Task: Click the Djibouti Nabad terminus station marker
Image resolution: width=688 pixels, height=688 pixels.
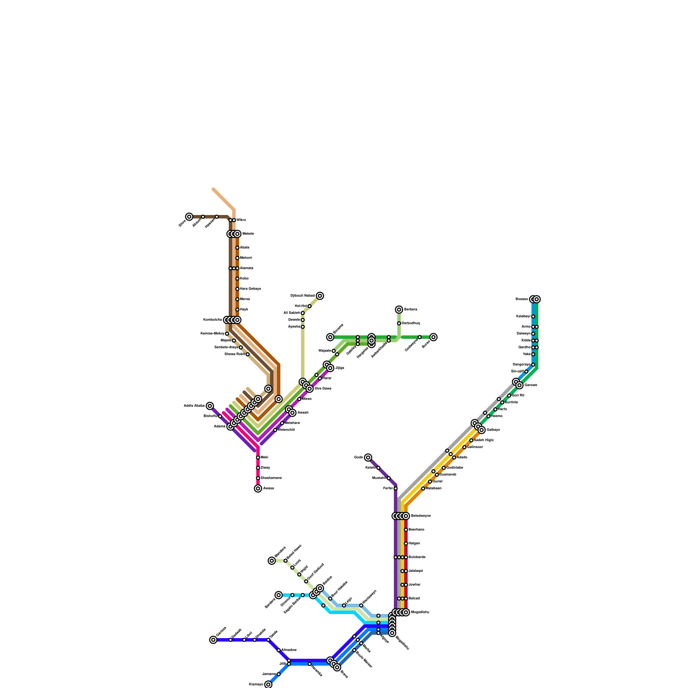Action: tap(320, 296)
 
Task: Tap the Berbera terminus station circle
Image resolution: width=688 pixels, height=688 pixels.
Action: tap(399, 310)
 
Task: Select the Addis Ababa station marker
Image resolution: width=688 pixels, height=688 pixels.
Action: tap(210, 406)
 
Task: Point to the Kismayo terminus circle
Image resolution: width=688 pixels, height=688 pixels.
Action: tap(268, 685)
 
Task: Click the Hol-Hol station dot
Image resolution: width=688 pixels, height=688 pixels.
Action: tap(310, 306)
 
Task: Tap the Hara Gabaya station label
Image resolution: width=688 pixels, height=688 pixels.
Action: tap(250, 289)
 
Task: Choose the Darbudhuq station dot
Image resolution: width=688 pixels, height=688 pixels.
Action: tap(399, 323)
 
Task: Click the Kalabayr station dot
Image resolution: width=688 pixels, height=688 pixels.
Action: tap(533, 316)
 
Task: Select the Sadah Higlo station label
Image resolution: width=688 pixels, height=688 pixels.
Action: tap(484, 440)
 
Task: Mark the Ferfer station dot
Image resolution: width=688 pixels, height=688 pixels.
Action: tap(396, 488)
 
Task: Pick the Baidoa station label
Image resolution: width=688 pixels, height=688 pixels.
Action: tap(328, 578)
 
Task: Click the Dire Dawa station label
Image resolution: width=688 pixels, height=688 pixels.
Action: tap(323, 389)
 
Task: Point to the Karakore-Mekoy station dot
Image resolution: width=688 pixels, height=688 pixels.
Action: tap(227, 334)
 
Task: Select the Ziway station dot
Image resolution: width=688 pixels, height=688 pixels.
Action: tap(258, 468)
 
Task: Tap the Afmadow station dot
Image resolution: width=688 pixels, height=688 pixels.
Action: tap(279, 650)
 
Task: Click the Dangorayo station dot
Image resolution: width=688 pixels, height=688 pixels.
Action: tap(533, 365)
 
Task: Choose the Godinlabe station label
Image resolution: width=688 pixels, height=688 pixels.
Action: tap(455, 468)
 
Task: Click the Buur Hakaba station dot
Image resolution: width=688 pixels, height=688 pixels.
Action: tap(330, 599)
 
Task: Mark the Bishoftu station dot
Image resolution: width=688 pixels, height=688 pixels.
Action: tap(220, 416)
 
